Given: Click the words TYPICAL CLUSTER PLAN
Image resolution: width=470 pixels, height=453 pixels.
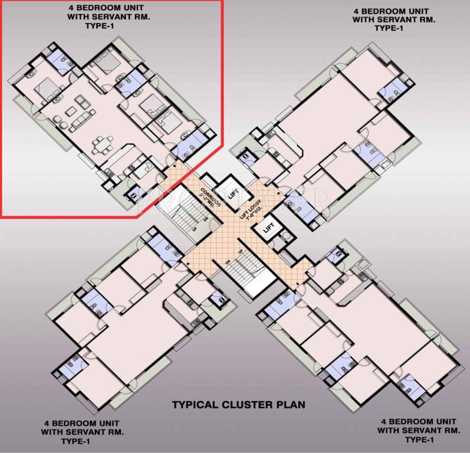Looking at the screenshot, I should click(x=238, y=405).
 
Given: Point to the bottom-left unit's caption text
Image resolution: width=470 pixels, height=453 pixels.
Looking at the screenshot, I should click(x=80, y=432).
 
